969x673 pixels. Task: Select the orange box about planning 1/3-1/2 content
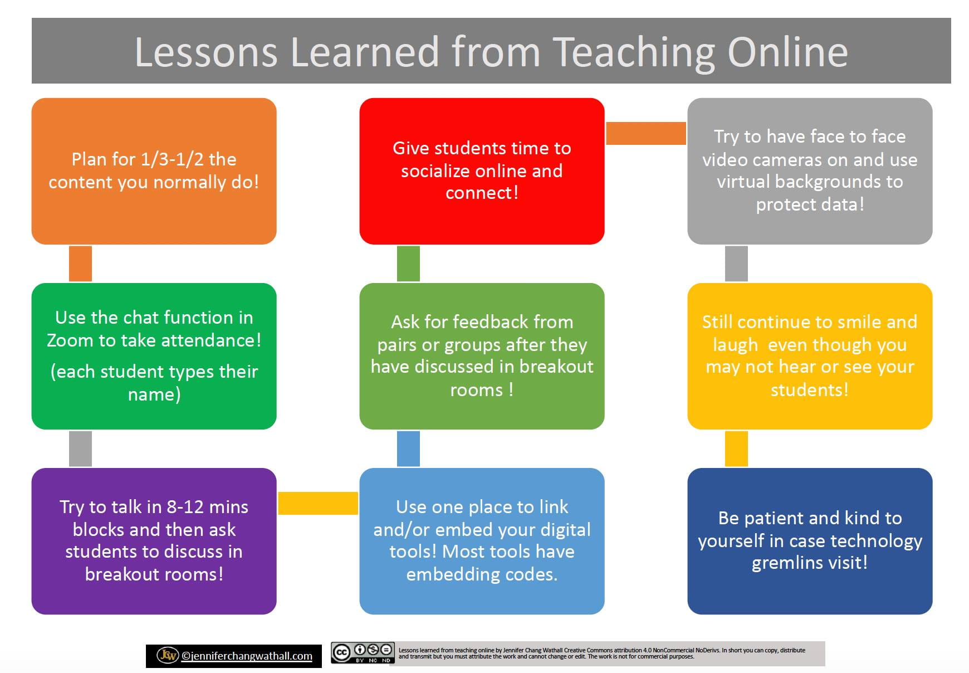154,171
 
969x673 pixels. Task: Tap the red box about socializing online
482,171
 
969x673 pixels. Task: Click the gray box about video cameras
810,171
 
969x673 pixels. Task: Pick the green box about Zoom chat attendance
154,356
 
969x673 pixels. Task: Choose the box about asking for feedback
482,356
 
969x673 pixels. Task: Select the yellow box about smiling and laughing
810,356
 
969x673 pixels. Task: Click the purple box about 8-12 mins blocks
154,541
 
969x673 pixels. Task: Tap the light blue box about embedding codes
482,541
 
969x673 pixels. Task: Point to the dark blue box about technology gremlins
810,541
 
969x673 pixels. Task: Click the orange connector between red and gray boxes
646,133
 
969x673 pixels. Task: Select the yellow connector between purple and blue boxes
318,503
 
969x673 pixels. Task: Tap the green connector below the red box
408,264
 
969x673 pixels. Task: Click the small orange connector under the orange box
80,264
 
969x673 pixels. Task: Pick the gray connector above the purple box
80,448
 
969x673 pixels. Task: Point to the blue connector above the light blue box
408,448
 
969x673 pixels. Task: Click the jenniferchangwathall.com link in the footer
247,656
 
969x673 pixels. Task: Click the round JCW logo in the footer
168,655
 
